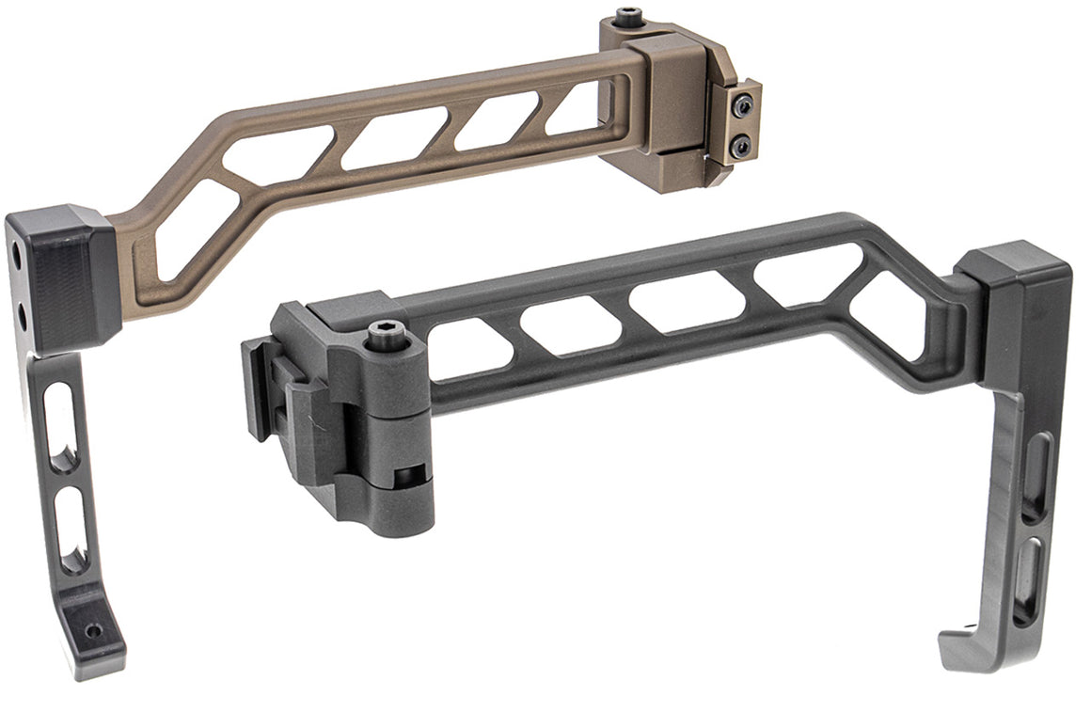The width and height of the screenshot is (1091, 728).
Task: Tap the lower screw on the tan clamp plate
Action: coord(741,146)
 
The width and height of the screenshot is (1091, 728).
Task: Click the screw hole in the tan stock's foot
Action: coord(93,630)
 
